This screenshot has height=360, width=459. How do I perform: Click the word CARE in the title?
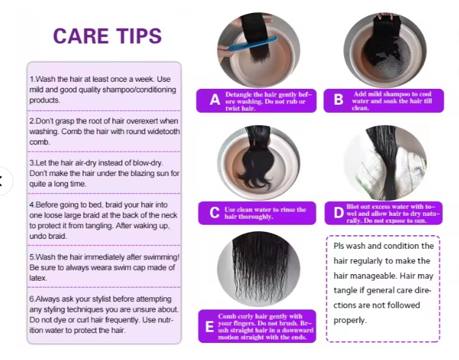click(81, 36)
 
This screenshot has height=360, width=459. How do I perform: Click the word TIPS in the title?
click(139, 36)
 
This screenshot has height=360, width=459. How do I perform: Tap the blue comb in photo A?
click(252, 44)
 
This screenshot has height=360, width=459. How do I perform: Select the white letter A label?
click(215, 100)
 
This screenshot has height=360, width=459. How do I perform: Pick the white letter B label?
click(339, 99)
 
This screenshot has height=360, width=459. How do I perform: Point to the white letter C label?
click(215, 213)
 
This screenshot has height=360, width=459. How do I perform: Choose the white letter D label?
click(339, 213)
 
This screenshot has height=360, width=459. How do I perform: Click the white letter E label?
click(210, 326)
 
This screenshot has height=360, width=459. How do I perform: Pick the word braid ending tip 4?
click(57, 236)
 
